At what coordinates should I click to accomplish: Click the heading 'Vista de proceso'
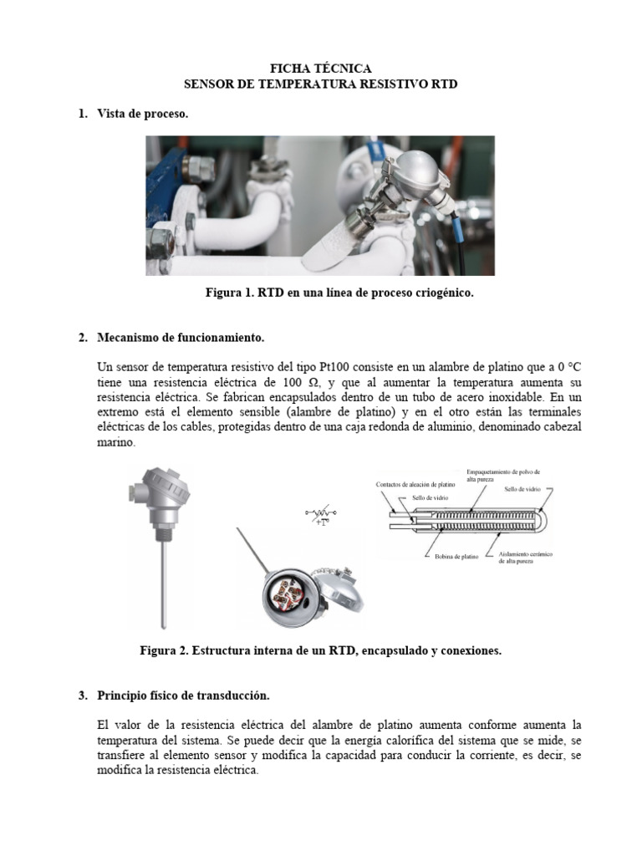tap(142, 114)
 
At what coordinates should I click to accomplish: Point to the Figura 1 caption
tap(334, 293)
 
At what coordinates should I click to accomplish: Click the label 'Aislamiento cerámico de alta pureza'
tap(526, 558)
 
